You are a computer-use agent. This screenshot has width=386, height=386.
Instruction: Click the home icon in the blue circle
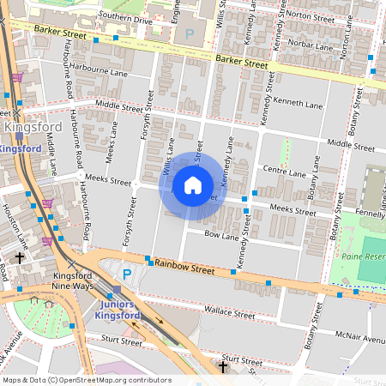click(193, 184)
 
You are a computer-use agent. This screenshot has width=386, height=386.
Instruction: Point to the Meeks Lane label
click(111, 142)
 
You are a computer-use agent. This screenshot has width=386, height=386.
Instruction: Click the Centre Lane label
click(284, 172)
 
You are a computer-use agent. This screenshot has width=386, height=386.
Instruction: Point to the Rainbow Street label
click(184, 269)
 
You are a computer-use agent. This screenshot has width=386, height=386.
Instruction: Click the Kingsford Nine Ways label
click(72, 281)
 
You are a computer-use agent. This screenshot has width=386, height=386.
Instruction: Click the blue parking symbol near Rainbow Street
click(127, 274)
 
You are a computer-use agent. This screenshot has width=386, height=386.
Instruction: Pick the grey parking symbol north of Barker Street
click(190, 33)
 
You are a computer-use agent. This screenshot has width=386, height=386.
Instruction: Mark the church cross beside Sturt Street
click(223, 367)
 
